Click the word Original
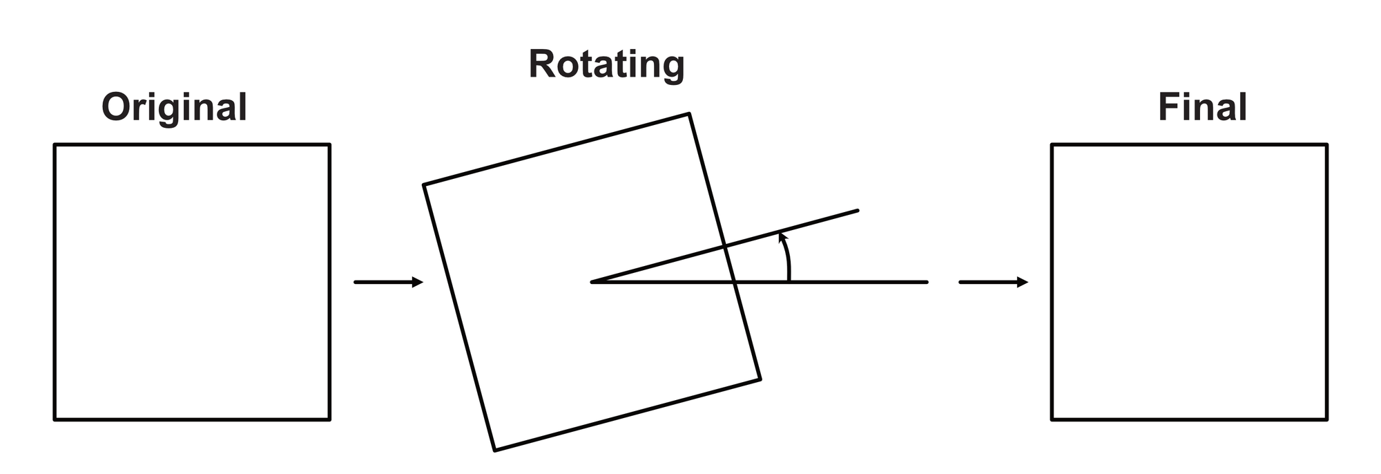pyautogui.click(x=174, y=108)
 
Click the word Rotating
pyautogui.click(x=606, y=65)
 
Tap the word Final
pyautogui.click(x=1202, y=108)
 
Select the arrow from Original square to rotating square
pyautogui.click(x=388, y=282)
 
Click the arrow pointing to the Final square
pyautogui.click(x=993, y=282)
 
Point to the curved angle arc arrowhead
pyautogui.click(x=782, y=236)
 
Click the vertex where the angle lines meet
pyautogui.click(x=592, y=282)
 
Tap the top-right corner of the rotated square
pyautogui.click(x=688, y=114)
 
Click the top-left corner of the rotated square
pyautogui.click(x=424, y=184)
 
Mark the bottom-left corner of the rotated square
pyautogui.click(x=495, y=451)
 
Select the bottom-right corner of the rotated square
pyautogui.click(x=760, y=379)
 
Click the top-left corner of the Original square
pyautogui.click(x=55, y=145)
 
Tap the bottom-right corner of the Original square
pyautogui.click(x=329, y=419)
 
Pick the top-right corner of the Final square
pyautogui.click(x=1326, y=145)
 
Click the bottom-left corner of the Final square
pyautogui.click(x=1052, y=419)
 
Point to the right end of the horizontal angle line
pyautogui.click(x=927, y=282)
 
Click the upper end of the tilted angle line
pyautogui.click(x=857, y=210)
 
